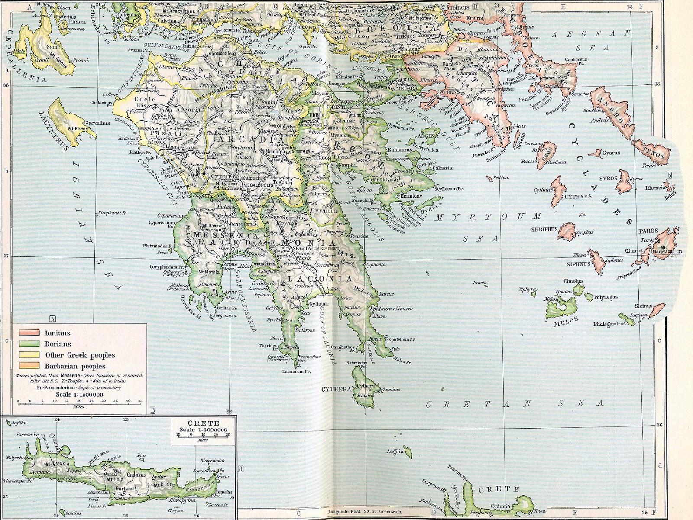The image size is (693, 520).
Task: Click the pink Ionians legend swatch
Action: (28, 333)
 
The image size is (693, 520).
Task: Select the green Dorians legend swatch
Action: (28, 344)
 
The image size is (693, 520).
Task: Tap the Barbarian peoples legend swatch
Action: (28, 366)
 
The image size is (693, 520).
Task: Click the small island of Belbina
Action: (490, 178)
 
